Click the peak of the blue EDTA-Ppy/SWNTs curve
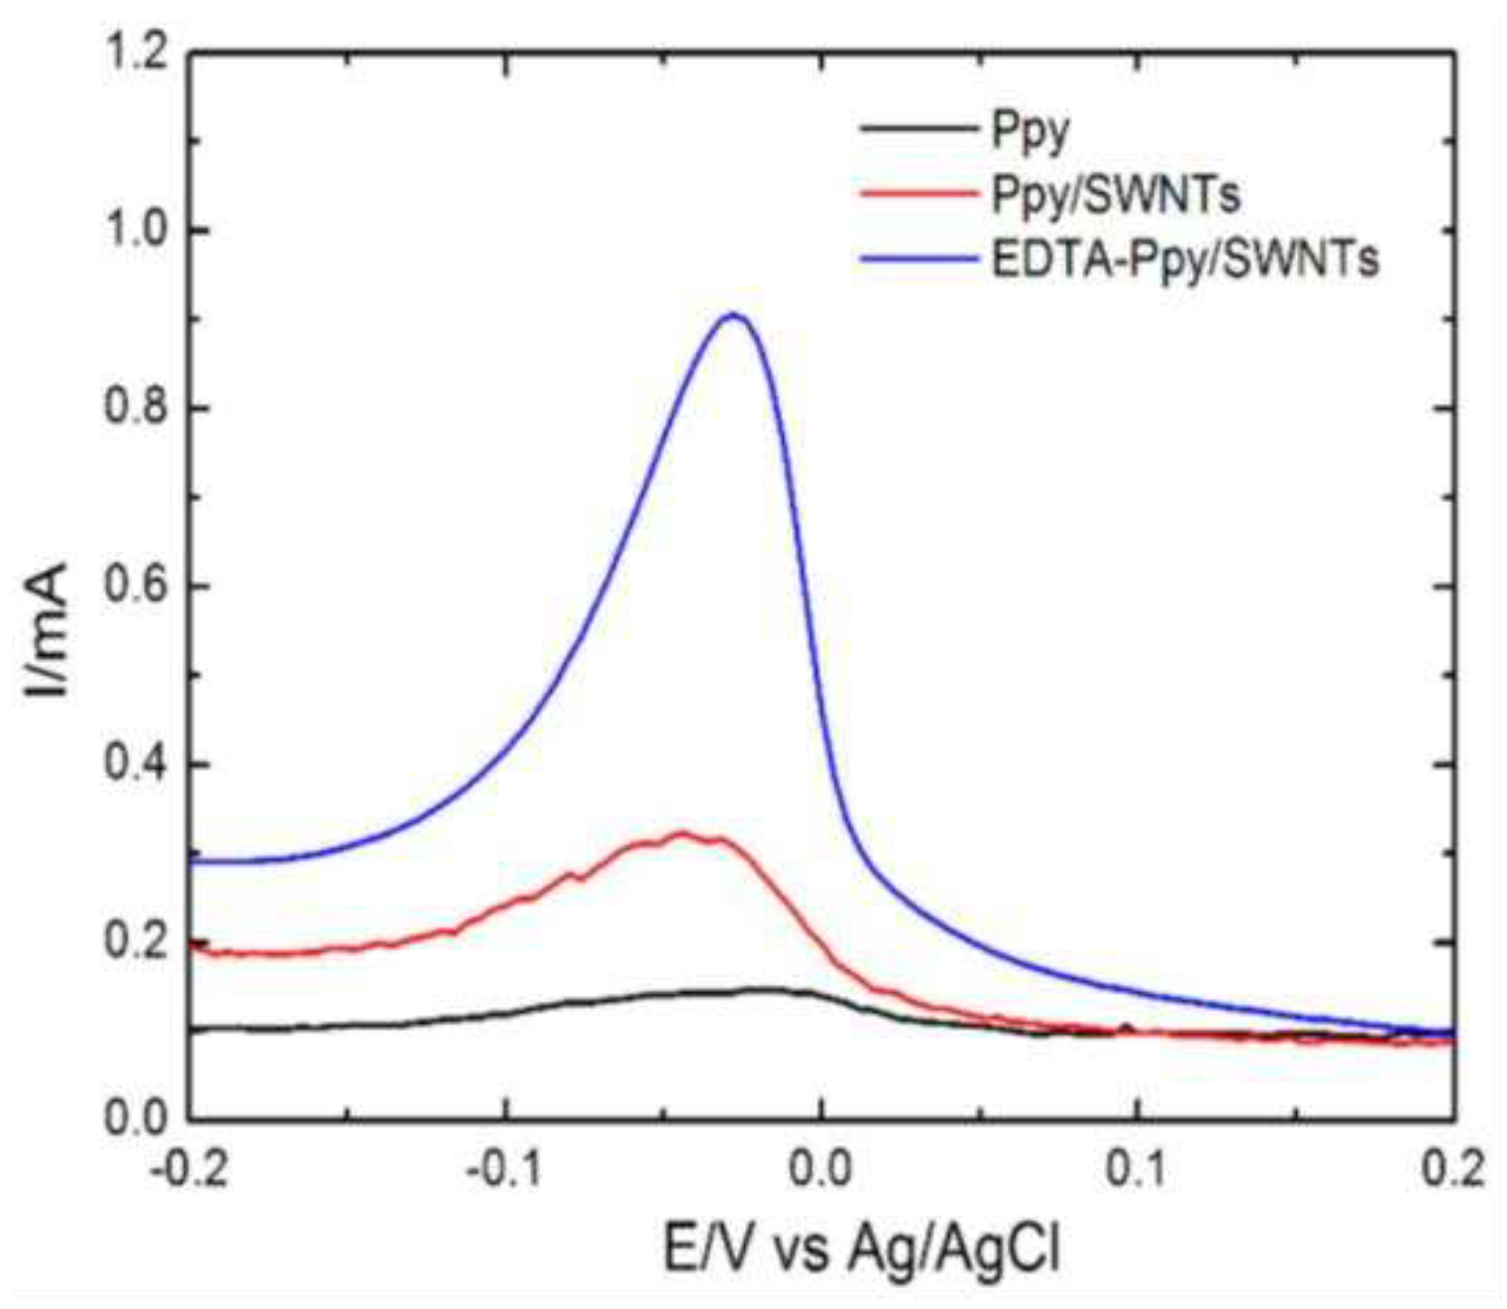pyautogui.click(x=732, y=315)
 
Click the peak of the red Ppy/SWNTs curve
pyautogui.click(x=682, y=833)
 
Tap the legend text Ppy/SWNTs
pyautogui.click(x=1115, y=195)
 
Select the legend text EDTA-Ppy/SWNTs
pyautogui.click(x=1185, y=260)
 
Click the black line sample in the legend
pyautogui.click(x=916, y=129)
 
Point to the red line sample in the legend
pyautogui.click(x=916, y=195)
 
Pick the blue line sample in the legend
pyautogui.click(x=916, y=261)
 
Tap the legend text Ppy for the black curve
pyautogui.click(x=1030, y=131)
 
